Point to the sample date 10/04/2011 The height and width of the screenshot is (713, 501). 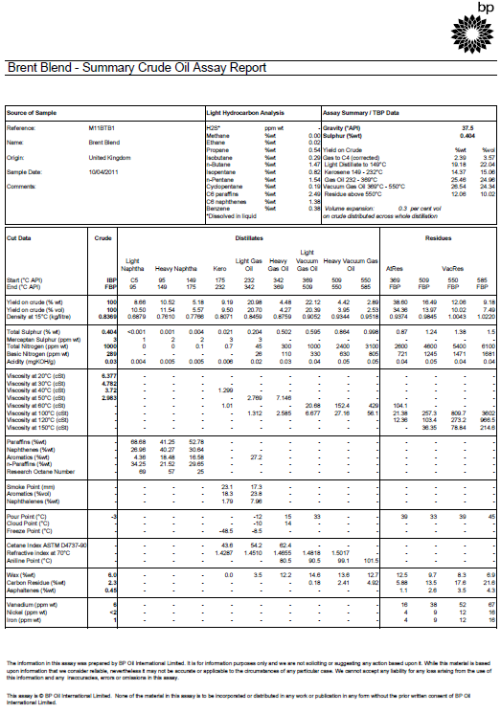pyautogui.click(x=104, y=171)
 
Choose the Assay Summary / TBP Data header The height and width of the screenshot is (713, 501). pyautogui.click(x=360, y=112)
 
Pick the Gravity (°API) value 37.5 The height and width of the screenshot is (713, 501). pyautogui.click(x=467, y=126)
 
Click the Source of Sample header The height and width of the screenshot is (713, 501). pyautogui.click(x=32, y=112)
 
